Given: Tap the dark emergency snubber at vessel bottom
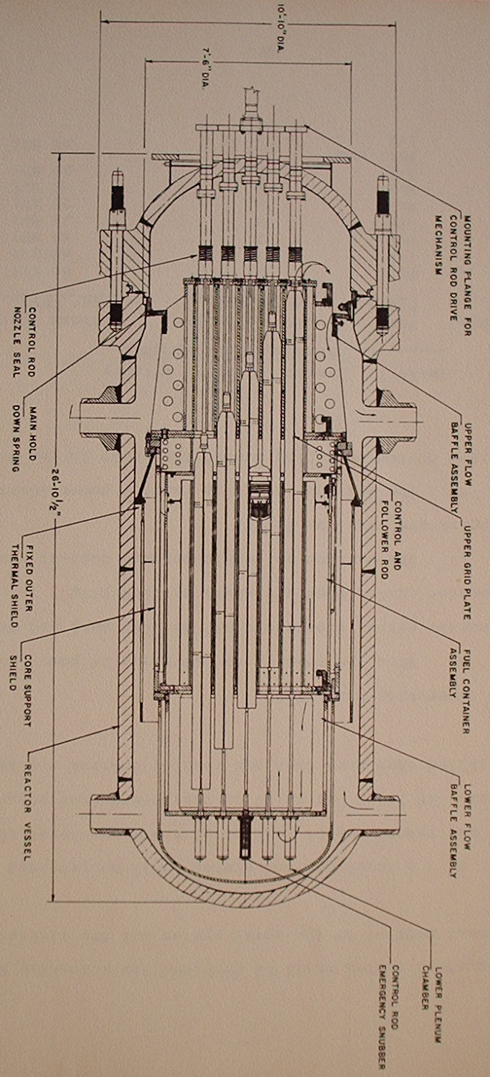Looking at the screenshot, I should click(x=245, y=833).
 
